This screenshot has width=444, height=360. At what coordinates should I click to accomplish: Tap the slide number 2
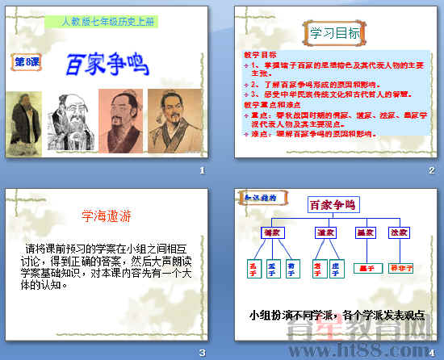[432, 170]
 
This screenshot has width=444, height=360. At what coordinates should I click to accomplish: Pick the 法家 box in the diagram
[398, 233]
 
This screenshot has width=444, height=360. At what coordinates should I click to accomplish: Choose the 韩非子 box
[401, 267]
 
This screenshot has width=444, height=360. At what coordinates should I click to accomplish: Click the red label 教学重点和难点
[274, 105]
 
